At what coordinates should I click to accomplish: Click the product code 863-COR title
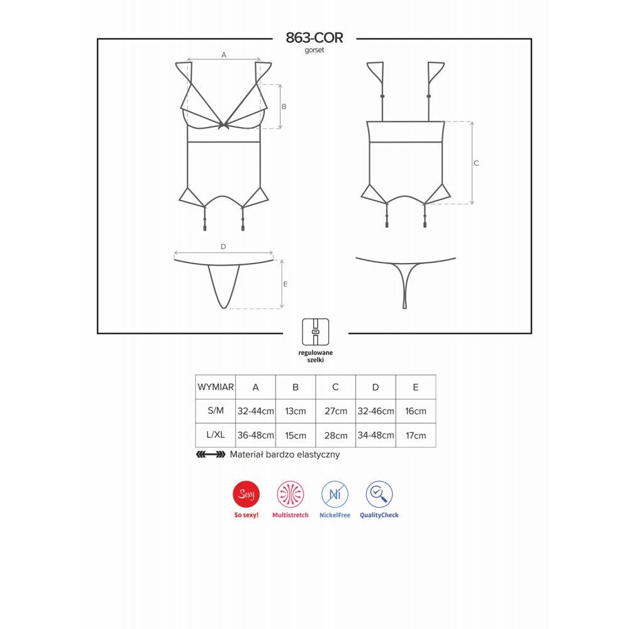(314, 38)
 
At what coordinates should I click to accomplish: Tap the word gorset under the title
(314, 50)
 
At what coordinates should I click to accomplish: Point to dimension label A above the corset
(224, 55)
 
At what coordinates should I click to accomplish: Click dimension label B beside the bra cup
(284, 106)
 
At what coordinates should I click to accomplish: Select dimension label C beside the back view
(476, 164)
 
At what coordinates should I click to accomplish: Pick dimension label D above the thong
(223, 247)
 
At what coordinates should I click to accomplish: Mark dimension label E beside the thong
(285, 284)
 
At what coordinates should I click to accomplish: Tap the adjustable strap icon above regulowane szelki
(315, 331)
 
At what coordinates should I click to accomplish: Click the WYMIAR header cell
(215, 387)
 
